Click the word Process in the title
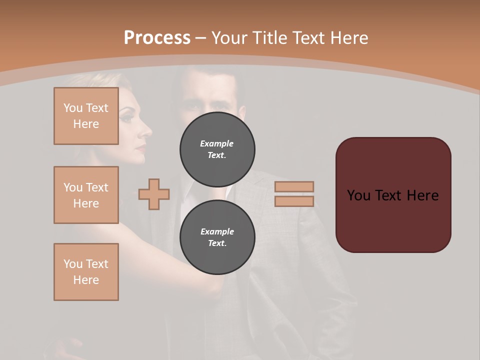[157, 38]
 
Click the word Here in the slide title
[348, 38]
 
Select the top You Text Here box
[86, 116]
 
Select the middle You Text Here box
[86, 195]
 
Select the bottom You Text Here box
[86, 272]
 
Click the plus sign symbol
[154, 194]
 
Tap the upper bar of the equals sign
[294, 186]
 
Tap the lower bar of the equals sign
[294, 201]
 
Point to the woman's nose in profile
[149, 131]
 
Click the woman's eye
[126, 118]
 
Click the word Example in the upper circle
[217, 143]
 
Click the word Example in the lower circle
[217, 231]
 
